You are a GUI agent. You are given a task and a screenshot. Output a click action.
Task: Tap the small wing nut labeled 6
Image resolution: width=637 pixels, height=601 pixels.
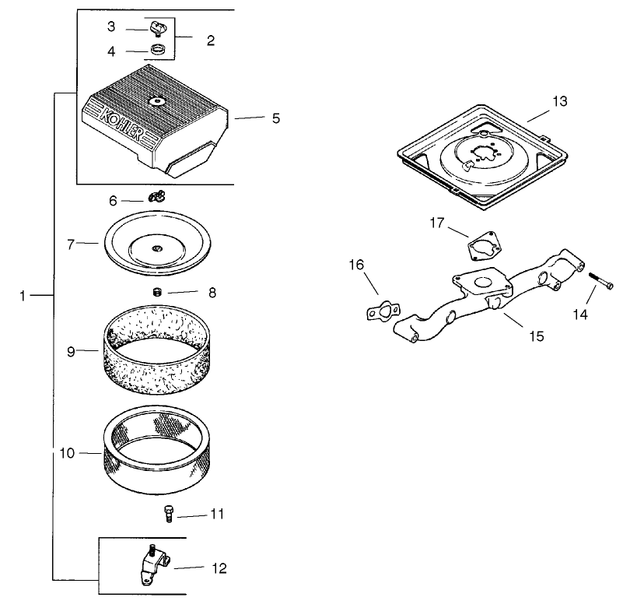pyautogui.click(x=156, y=200)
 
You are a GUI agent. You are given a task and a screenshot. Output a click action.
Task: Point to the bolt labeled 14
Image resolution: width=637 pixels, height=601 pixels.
pyautogui.click(x=600, y=281)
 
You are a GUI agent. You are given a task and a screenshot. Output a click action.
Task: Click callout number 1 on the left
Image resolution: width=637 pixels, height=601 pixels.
pyautogui.click(x=23, y=296)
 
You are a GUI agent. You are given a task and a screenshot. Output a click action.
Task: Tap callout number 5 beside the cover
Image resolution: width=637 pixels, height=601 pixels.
pyautogui.click(x=275, y=118)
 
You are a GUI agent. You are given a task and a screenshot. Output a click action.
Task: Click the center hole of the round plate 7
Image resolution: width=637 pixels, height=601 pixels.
pyautogui.click(x=157, y=248)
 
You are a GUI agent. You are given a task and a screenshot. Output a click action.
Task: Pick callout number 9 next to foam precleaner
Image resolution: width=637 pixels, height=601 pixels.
pyautogui.click(x=71, y=351)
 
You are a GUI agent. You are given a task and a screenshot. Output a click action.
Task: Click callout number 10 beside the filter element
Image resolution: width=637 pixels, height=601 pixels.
pyautogui.click(x=68, y=452)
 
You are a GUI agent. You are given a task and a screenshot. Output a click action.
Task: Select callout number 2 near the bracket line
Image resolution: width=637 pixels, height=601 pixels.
pyautogui.click(x=210, y=40)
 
